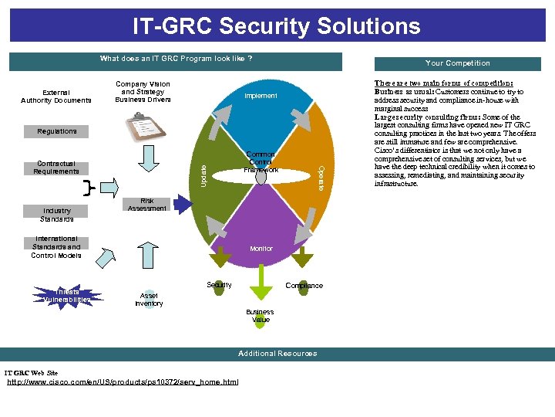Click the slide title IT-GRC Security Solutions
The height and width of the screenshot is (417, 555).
277,26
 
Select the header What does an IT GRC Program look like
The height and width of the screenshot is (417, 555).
176,59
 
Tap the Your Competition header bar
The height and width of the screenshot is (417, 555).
457,63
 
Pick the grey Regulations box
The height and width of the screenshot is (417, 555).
57,131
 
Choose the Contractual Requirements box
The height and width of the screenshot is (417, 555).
56,168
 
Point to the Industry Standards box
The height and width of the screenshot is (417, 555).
57,214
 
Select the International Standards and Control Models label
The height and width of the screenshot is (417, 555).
56,247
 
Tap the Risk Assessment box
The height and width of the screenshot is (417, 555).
146,205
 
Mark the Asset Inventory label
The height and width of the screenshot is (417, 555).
149,300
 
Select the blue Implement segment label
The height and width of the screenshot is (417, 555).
261,96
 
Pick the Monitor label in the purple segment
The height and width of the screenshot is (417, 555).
261,249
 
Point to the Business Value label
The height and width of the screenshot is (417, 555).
261,316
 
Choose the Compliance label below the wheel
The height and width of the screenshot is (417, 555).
304,286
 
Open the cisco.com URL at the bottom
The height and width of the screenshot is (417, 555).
123,382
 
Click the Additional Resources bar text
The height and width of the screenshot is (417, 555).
277,354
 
